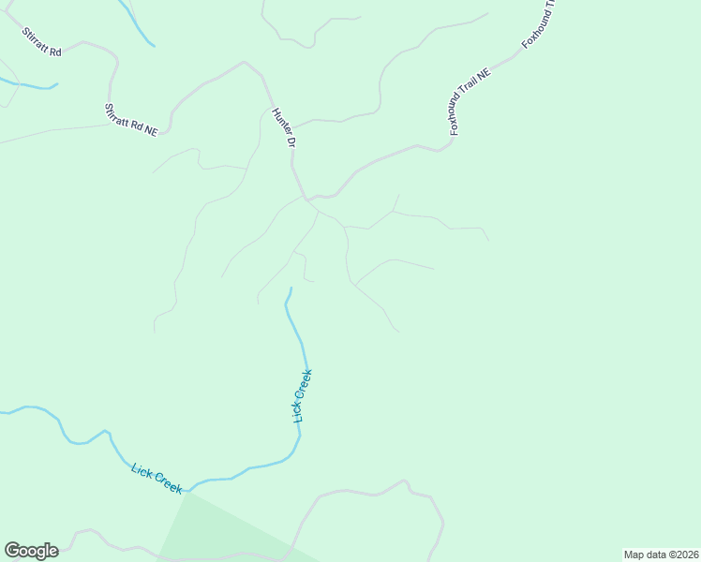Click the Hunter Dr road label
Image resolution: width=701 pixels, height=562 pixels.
point(283,127)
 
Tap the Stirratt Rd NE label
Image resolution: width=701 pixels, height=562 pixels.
point(131,121)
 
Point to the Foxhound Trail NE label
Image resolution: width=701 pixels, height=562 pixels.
point(470,101)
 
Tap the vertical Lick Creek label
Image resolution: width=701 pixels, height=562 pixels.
point(302,395)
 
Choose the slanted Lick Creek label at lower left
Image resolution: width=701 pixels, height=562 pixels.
point(157,478)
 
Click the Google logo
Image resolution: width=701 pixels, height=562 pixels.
point(31,551)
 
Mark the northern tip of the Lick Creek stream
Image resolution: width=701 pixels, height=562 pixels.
point(291,288)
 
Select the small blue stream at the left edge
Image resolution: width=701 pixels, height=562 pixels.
point(28,85)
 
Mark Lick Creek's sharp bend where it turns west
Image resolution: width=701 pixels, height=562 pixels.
point(298,451)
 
